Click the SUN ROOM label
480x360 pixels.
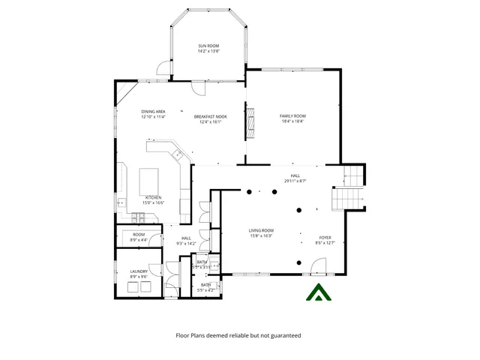208,46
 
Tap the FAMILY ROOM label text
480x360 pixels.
293,115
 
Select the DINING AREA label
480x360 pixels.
153,112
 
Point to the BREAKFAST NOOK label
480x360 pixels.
210,116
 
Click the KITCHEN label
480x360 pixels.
154,198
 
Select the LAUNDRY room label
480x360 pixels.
138,271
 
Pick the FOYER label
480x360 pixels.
323,238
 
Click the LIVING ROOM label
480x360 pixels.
261,230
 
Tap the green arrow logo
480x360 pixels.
319,295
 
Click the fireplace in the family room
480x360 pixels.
252,121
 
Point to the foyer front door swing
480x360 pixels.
319,265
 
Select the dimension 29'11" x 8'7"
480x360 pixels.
295,181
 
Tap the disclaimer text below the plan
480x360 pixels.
238,336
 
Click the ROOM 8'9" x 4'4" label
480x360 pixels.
139,237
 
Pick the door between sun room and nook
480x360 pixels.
196,87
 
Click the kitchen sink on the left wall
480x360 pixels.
120,202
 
